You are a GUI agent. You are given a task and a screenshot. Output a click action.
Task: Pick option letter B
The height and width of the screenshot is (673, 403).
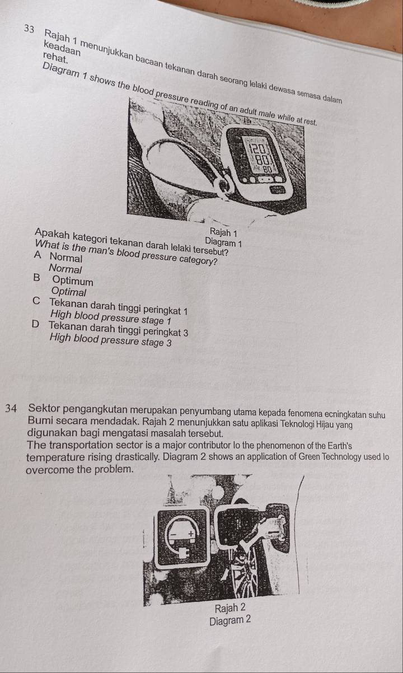pyautogui.click(x=37, y=279)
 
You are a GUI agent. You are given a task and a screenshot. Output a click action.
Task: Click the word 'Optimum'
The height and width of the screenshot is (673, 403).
pyautogui.click(x=74, y=280)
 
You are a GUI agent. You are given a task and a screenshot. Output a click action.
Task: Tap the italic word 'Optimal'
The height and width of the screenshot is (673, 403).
pyautogui.click(x=68, y=292)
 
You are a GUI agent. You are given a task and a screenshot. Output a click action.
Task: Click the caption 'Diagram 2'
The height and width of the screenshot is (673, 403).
pyautogui.click(x=230, y=621)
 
